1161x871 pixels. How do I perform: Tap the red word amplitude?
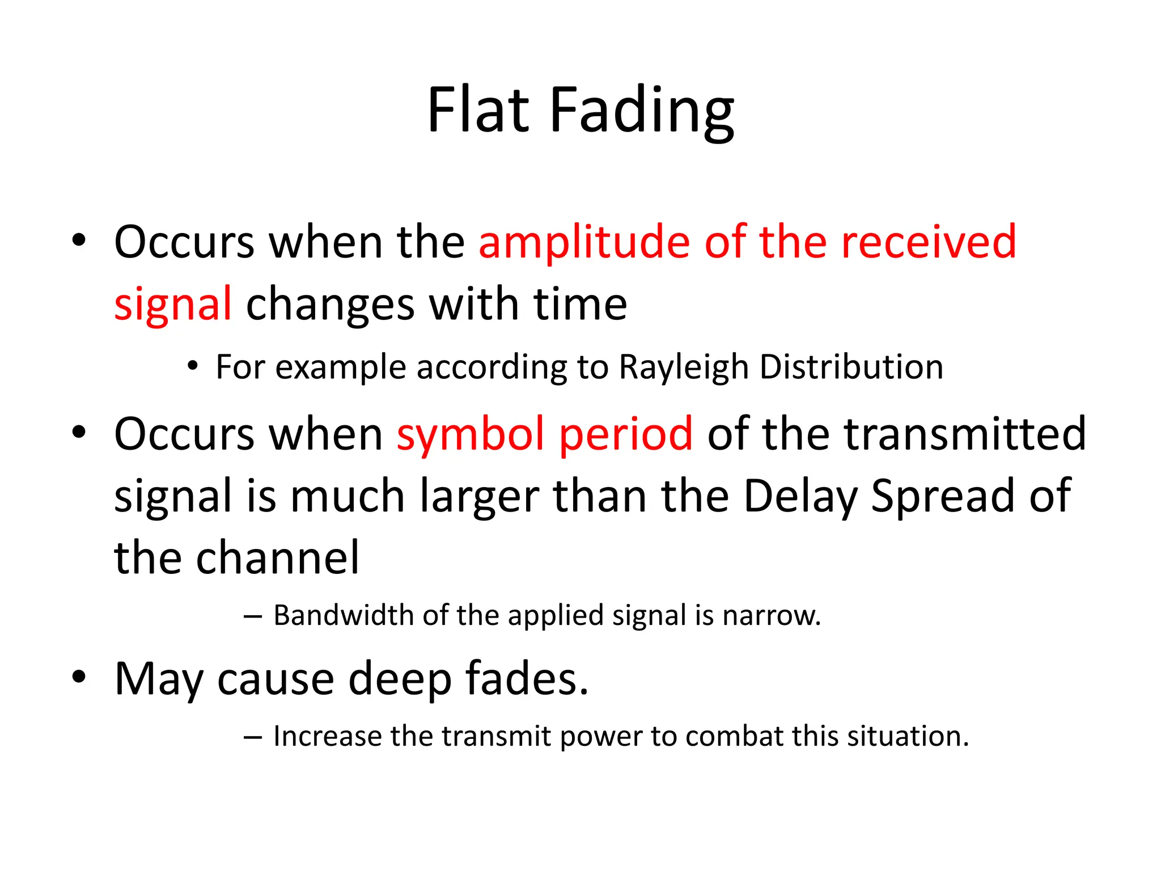(584, 242)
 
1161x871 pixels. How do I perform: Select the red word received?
(929, 242)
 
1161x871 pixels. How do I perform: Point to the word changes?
(330, 305)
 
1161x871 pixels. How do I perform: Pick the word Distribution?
(851, 367)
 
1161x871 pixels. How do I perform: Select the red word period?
(626, 434)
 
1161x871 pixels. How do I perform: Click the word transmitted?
(965, 434)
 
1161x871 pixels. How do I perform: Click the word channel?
(277, 558)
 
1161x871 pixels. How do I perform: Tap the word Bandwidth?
(343, 615)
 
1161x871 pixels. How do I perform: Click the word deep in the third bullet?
(400, 679)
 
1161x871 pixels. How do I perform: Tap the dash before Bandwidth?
(252, 616)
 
